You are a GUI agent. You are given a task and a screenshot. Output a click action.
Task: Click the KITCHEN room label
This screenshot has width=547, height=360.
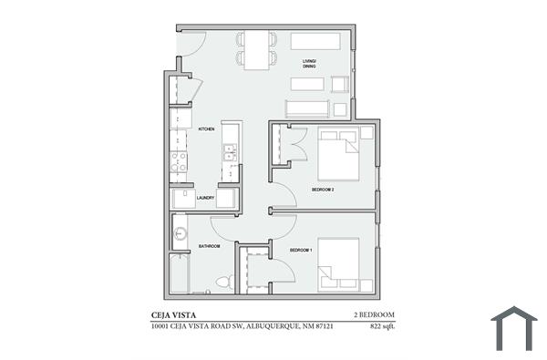tap(206, 129)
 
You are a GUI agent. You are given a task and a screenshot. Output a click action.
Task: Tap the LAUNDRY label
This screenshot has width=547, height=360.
tap(205, 197)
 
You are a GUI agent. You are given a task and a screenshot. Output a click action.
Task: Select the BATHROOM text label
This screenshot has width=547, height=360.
tap(212, 246)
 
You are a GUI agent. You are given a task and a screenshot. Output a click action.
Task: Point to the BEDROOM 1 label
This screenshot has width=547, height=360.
tap(302, 250)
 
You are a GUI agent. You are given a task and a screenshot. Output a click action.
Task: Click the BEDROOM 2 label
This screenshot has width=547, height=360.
tap(323, 190)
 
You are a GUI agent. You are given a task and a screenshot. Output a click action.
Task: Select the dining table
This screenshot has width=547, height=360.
tap(255, 49)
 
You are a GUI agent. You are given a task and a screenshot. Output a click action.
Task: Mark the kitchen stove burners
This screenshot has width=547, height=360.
tap(179, 162)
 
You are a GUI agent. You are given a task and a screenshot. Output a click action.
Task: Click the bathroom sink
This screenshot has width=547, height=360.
tap(180, 233)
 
